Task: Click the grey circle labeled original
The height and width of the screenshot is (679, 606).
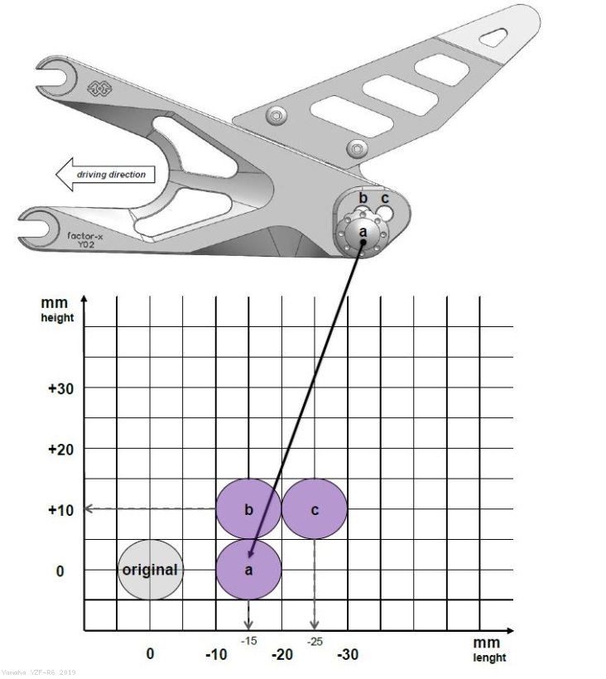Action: click(x=150, y=570)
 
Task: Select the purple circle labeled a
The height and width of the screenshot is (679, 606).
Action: click(x=249, y=570)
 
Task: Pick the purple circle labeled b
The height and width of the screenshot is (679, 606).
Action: click(x=248, y=509)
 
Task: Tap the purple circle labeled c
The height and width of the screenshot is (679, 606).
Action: click(x=315, y=509)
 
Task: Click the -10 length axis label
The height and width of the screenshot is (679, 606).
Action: click(x=216, y=655)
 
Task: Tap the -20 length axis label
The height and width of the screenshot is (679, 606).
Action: click(x=282, y=655)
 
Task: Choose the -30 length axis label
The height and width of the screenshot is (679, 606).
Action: click(x=348, y=655)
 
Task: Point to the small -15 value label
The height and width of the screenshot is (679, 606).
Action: click(x=249, y=641)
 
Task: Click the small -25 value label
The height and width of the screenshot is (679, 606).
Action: click(x=315, y=641)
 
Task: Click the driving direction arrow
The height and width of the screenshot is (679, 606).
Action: click(x=103, y=175)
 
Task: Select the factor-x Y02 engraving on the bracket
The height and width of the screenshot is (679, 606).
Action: click(x=87, y=240)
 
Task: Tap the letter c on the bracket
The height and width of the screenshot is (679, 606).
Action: click(x=385, y=199)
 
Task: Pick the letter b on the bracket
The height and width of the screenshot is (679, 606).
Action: click(x=363, y=199)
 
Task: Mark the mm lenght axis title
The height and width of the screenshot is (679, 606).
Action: click(x=488, y=650)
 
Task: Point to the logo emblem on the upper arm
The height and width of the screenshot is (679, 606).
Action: click(x=99, y=87)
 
